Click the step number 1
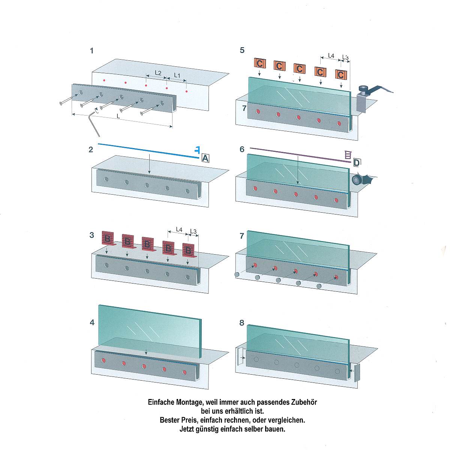(92, 51)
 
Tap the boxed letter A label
(205, 159)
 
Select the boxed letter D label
(357, 162)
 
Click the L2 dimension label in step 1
(158, 73)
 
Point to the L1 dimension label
(177, 76)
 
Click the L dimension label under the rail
(118, 116)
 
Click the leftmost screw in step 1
(69, 99)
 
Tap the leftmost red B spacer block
(108, 238)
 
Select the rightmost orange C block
(341, 75)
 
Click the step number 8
(242, 323)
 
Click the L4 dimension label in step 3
(179, 229)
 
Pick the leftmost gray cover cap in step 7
(237, 274)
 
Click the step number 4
(92, 322)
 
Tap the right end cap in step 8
(357, 373)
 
